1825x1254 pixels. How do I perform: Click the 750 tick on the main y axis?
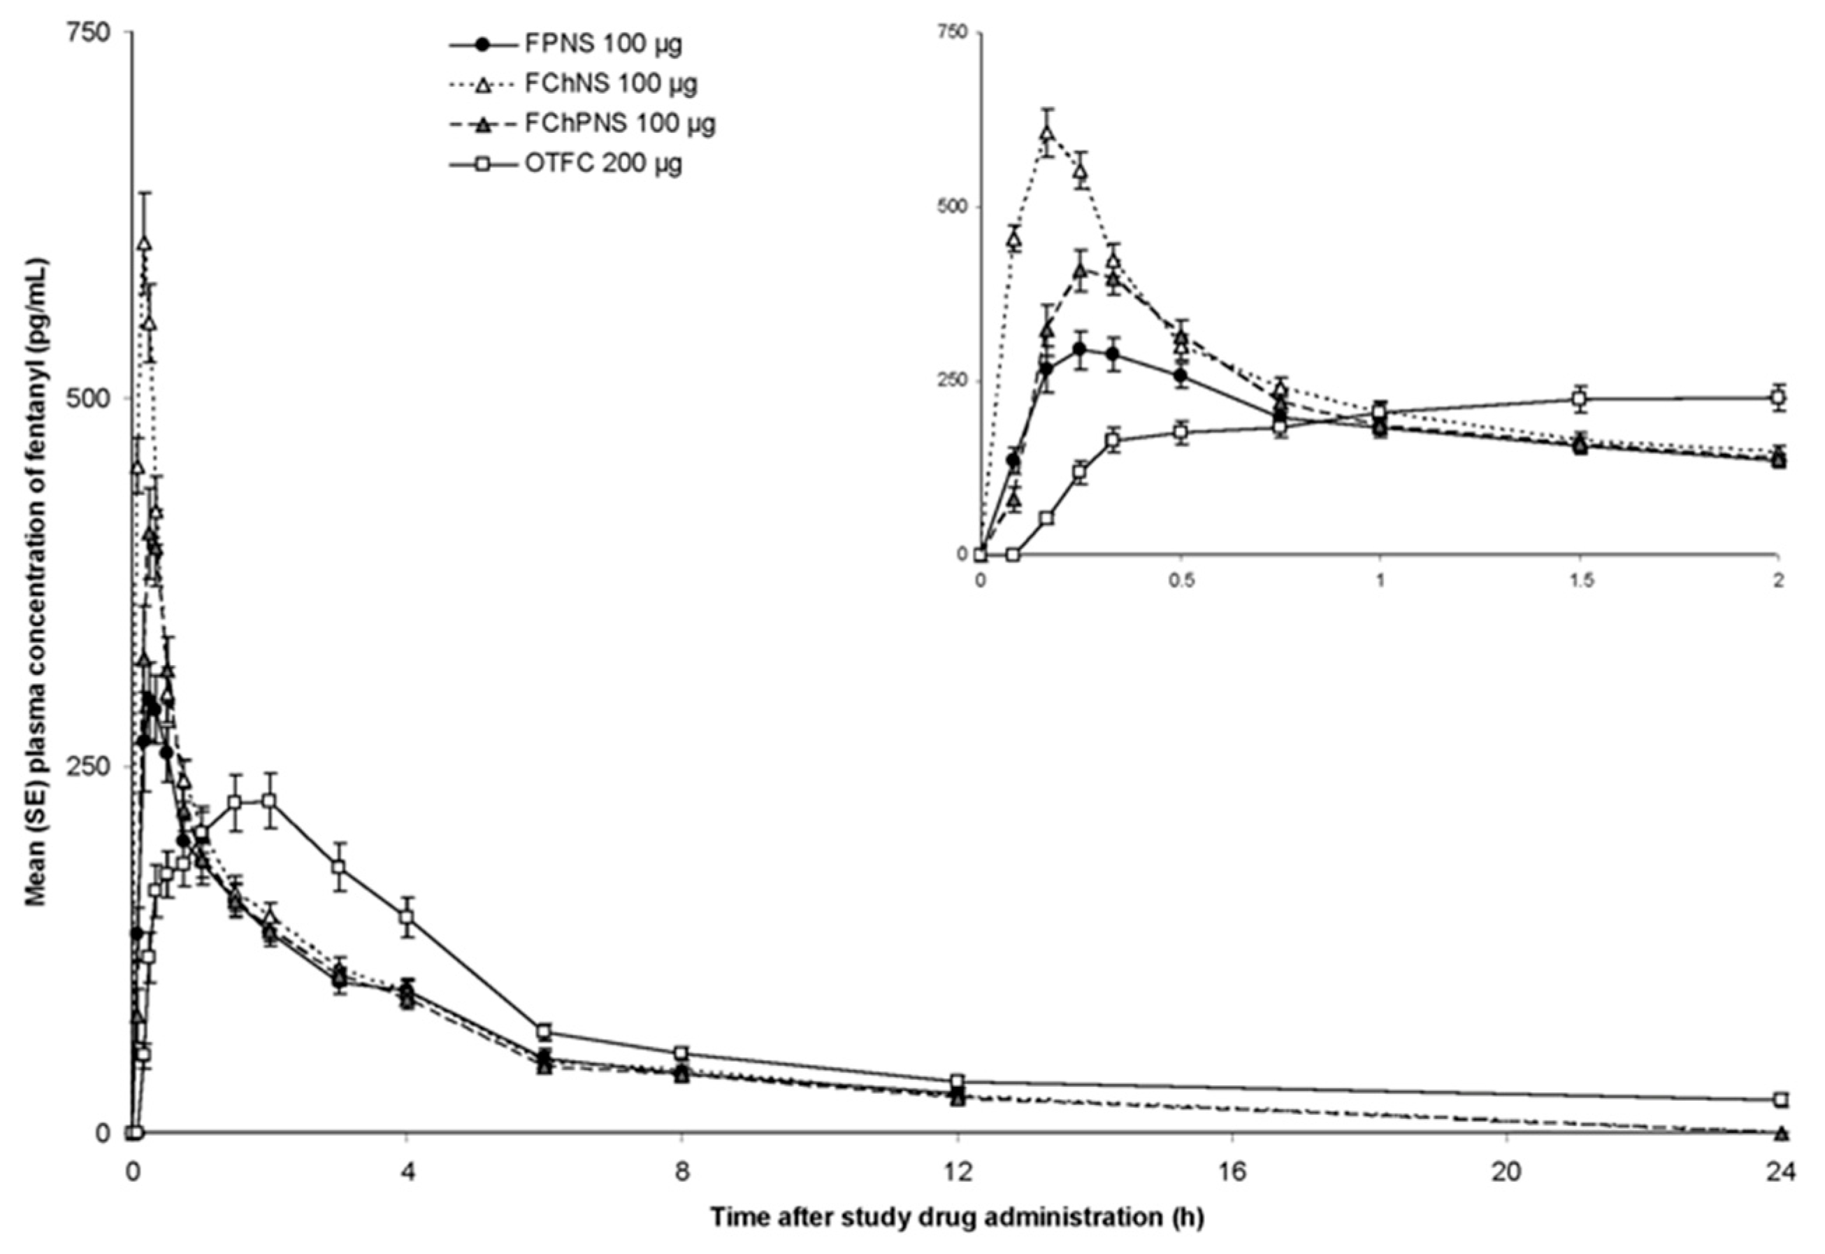[102, 31]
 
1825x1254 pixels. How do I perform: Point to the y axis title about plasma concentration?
[36, 581]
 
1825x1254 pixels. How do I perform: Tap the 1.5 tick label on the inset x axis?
[1581, 580]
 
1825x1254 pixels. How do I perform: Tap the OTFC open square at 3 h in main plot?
[338, 867]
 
